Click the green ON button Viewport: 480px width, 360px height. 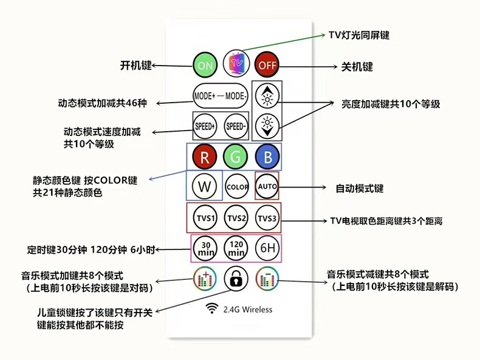tap(205, 65)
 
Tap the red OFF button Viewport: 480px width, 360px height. tap(266, 65)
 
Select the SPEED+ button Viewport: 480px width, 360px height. tap(205, 126)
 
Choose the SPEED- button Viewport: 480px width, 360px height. tap(236, 126)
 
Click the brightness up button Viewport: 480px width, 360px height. tap(266, 95)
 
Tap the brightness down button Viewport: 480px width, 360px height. tap(266, 126)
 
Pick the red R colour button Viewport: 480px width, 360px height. tap(205, 157)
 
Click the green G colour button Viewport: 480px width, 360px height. tap(235, 157)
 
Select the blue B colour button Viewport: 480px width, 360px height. tap(266, 157)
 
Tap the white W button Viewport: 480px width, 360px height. tap(204, 186)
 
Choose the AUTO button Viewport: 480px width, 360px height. tap(267, 186)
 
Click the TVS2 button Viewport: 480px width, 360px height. tap(236, 218)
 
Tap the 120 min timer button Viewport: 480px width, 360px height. tap(237, 248)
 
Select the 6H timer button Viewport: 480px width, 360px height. tap(267, 248)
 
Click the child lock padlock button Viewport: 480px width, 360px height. tap(236, 279)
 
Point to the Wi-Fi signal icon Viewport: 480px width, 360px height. tap(213, 309)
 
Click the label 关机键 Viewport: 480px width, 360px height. tap(358, 67)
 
